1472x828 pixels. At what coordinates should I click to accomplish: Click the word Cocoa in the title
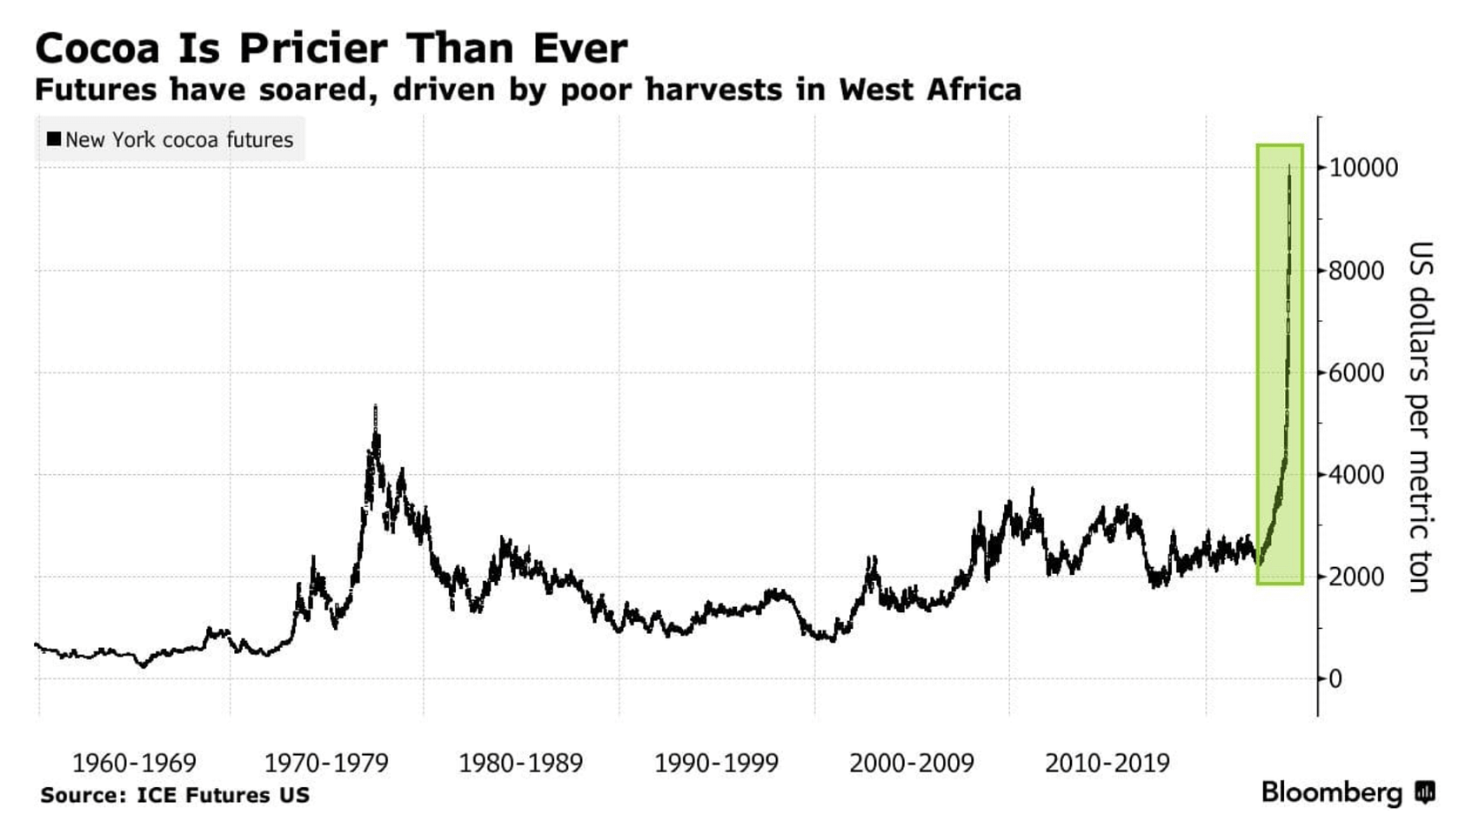(97, 48)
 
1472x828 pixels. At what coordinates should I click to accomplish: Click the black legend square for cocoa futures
(54, 139)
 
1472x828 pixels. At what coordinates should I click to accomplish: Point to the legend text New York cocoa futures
(178, 140)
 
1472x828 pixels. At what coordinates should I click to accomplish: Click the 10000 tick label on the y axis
(1362, 168)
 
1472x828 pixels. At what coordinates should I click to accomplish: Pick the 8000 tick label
(1355, 270)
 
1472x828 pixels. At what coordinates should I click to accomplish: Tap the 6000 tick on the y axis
(1355, 373)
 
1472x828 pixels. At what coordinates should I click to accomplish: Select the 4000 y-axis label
(1355, 475)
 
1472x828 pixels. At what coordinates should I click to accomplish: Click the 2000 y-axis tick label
(1355, 577)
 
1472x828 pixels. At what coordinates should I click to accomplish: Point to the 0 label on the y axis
(1335, 679)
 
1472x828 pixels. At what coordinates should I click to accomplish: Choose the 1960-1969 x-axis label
(134, 764)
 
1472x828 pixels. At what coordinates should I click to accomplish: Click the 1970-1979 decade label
(326, 764)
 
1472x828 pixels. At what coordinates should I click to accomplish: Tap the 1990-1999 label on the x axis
(716, 764)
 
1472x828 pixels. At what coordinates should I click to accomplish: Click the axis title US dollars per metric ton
(1419, 416)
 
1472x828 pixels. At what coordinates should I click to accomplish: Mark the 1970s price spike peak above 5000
(375, 407)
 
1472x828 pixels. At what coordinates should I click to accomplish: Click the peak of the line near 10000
(1289, 167)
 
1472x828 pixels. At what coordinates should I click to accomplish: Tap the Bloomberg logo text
(1331, 792)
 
